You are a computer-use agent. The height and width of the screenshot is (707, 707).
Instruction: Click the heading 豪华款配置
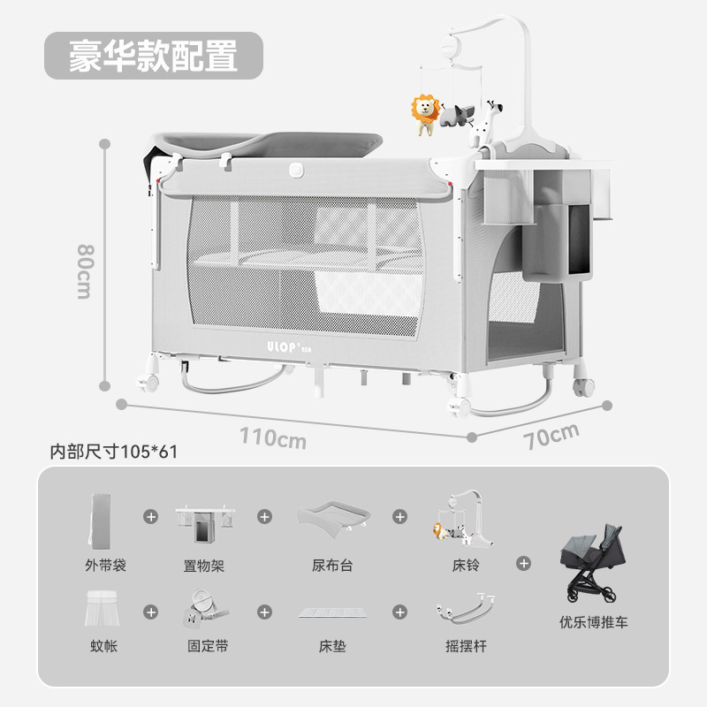click(x=154, y=56)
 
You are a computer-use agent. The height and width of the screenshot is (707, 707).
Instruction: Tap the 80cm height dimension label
click(x=84, y=270)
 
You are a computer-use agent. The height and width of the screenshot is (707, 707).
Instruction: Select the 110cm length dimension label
click(x=273, y=437)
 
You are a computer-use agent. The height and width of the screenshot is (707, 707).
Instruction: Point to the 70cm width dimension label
click(x=551, y=436)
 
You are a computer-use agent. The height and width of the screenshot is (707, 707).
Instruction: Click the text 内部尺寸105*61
click(x=114, y=452)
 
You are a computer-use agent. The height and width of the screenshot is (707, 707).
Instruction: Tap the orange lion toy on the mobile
click(x=425, y=113)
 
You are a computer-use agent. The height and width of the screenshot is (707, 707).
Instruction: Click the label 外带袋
click(x=105, y=565)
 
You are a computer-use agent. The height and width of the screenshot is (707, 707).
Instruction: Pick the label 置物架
click(x=204, y=565)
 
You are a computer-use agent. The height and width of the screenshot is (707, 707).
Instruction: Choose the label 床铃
click(x=465, y=565)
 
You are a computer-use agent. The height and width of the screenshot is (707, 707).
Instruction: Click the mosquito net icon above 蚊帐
click(x=104, y=608)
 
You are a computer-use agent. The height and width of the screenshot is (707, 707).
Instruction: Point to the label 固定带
click(x=208, y=646)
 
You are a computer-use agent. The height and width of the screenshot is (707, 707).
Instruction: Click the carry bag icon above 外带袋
click(x=103, y=519)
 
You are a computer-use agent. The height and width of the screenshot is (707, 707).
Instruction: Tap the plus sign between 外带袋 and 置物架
click(x=151, y=515)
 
